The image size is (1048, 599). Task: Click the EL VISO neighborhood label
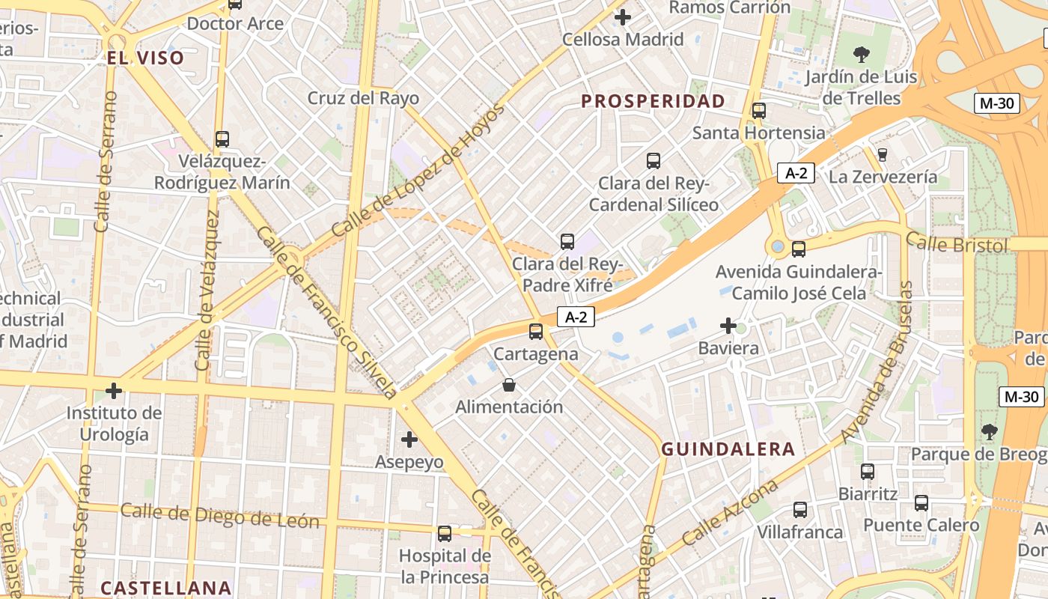145,58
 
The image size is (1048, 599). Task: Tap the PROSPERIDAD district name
654,101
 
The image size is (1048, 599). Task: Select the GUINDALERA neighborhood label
728,449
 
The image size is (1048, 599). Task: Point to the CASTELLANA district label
165,588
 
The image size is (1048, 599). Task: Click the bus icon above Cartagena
536,332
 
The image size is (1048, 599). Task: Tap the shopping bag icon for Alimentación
509,385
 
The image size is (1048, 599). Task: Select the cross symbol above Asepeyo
409,440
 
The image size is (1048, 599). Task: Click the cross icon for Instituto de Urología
114,391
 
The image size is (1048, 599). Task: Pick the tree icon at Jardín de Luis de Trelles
862,54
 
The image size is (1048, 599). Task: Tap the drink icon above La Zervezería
882,155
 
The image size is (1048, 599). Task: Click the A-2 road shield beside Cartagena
575,317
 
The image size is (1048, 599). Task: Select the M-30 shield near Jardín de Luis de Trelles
996,103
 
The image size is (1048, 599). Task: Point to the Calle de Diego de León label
219,517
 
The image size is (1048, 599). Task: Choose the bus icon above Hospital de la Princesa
445,534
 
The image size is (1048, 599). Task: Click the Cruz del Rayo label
363,98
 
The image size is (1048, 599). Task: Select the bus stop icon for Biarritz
868,472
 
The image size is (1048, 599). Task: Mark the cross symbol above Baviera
728,326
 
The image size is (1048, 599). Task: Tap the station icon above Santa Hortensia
759,111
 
